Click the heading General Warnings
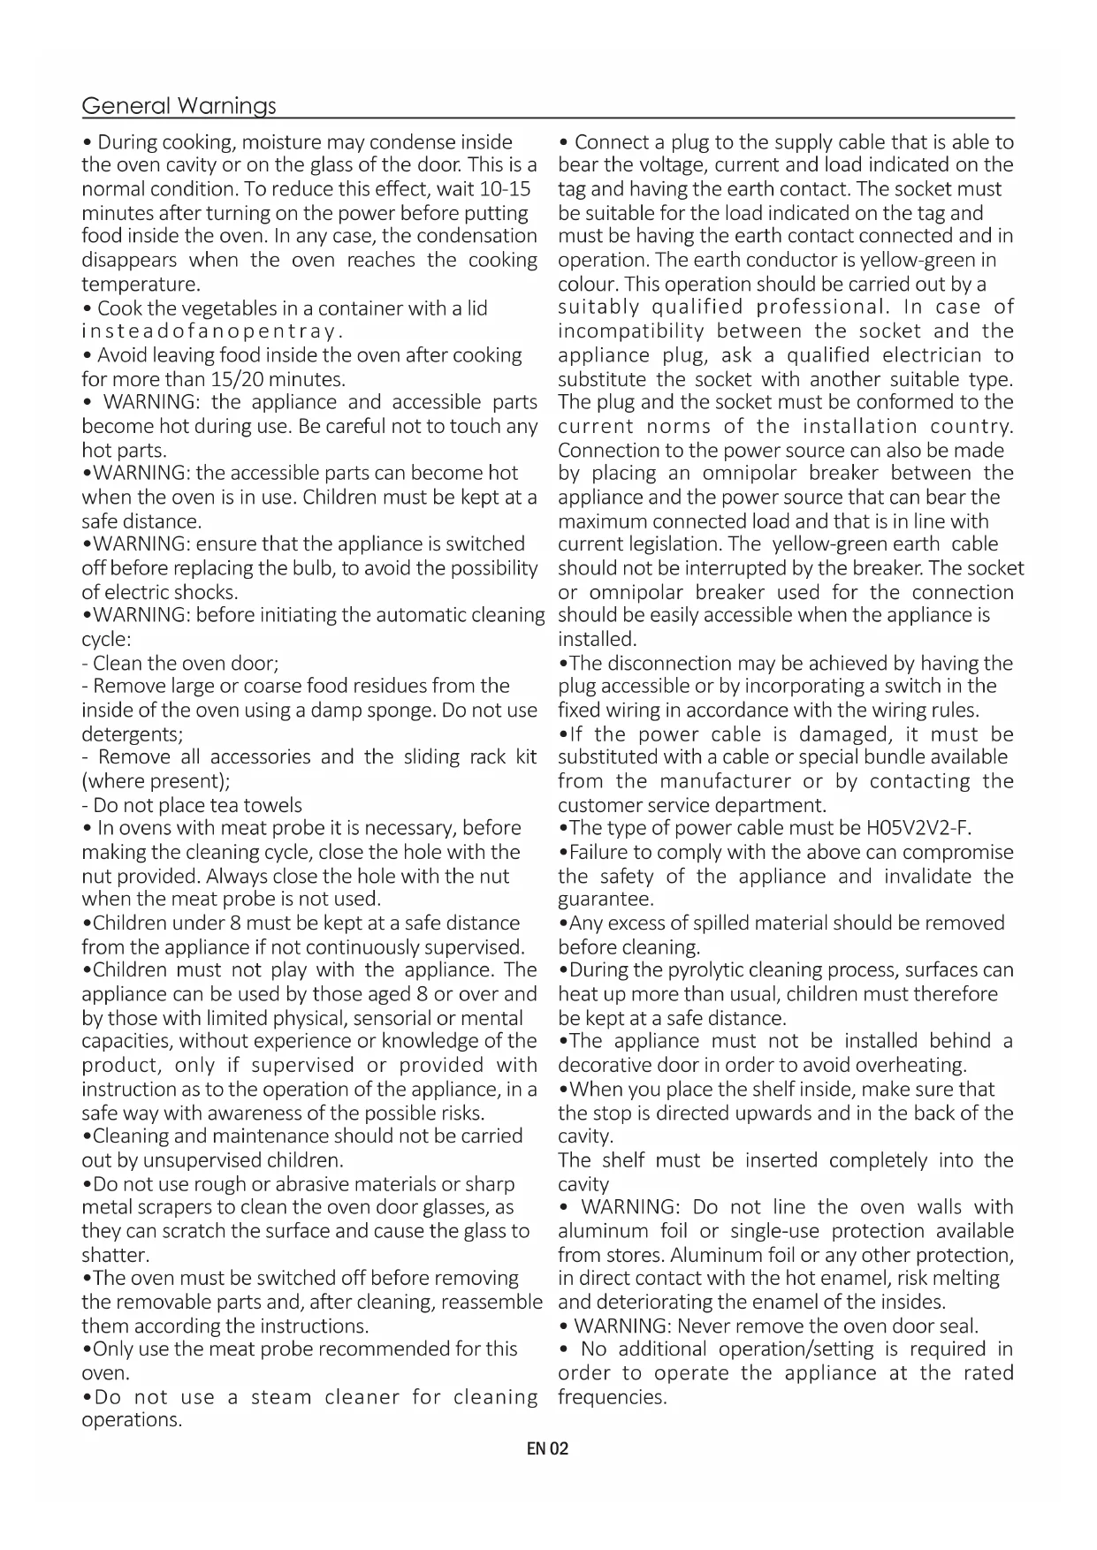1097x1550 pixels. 179,106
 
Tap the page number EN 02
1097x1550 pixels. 547,1448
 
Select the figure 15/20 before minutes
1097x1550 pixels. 238,379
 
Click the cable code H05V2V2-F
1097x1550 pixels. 918,828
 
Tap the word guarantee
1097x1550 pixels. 606,900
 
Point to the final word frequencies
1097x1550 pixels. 612,1397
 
